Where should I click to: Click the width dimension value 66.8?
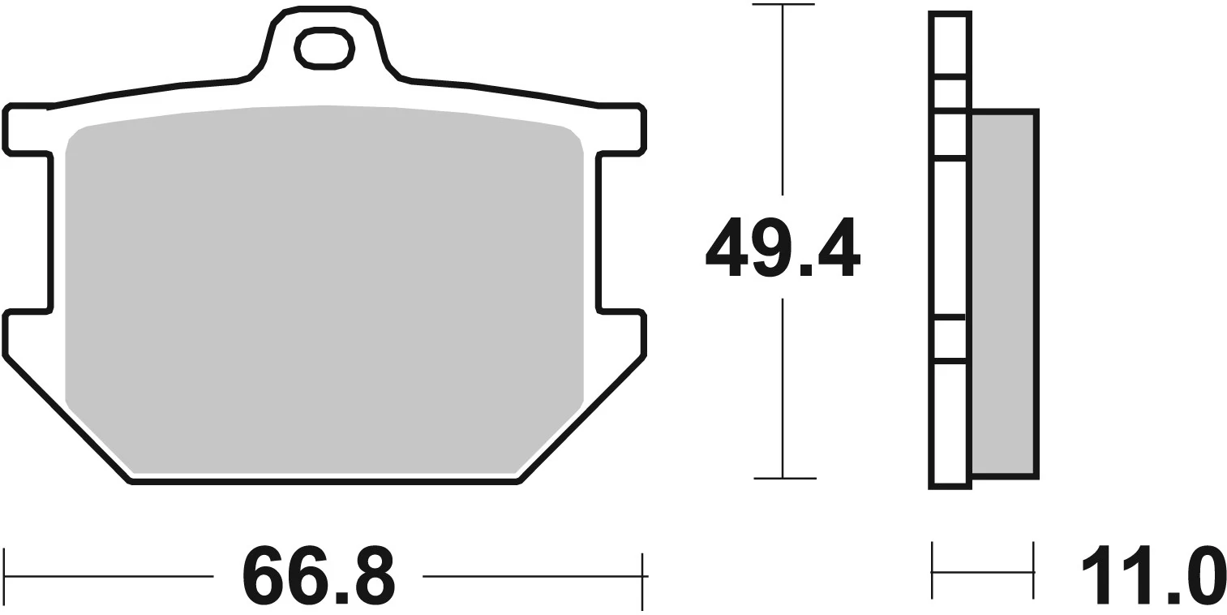pyautogui.click(x=318, y=577)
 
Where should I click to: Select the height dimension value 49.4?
pyautogui.click(x=782, y=247)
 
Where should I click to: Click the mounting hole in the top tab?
pyautogui.click(x=325, y=49)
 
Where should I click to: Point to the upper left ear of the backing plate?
pyautogui.click(x=28, y=128)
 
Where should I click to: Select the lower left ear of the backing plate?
pyautogui.click(x=28, y=333)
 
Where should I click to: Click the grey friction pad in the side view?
pyautogui.click(x=1002, y=293)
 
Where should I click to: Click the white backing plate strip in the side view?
pyautogui.click(x=950, y=243)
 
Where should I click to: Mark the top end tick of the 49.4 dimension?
pyautogui.click(x=783, y=6)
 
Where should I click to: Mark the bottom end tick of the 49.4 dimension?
pyautogui.click(x=783, y=479)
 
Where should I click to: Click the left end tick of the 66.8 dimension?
pyautogui.click(x=5, y=577)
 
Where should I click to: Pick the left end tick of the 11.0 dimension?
pyautogui.click(x=933, y=572)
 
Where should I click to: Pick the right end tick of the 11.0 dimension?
pyautogui.click(x=1034, y=572)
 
